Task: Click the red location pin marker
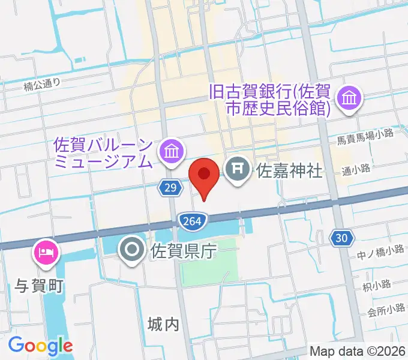(205, 175)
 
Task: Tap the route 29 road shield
(170, 188)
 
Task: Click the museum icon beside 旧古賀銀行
(349, 97)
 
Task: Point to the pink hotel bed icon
(47, 250)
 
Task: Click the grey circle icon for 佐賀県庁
(131, 247)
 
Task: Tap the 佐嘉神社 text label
(289, 172)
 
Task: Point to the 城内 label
(163, 325)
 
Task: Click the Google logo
(40, 346)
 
